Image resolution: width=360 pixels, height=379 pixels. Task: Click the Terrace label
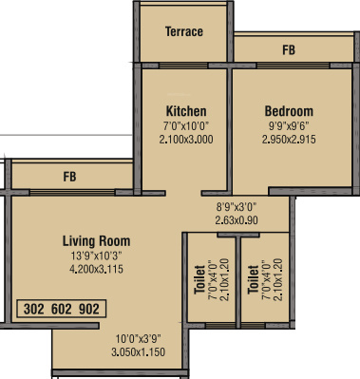(184, 31)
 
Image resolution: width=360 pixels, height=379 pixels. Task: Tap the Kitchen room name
(185, 111)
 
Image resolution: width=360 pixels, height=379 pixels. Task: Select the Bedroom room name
(289, 111)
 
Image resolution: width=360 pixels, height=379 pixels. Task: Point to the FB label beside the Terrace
(288, 49)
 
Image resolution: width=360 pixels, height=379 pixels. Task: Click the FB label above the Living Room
(69, 177)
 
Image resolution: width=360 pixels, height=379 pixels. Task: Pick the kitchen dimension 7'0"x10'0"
(185, 125)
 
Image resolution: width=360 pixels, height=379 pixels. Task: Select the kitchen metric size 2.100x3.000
(185, 139)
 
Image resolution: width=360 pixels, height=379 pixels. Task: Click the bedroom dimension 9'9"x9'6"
(289, 125)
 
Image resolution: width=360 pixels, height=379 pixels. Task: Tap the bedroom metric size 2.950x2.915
(289, 139)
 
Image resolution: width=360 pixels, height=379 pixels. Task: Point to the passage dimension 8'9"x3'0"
(237, 204)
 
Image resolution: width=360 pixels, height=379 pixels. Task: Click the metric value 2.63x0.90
(237, 218)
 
